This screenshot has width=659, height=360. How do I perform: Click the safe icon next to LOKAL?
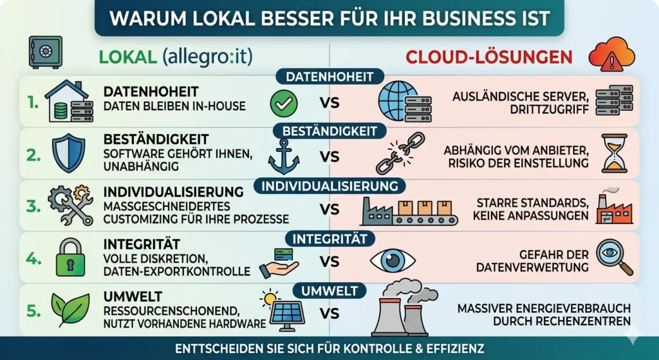[45, 52]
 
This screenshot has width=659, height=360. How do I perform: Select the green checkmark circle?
[283, 102]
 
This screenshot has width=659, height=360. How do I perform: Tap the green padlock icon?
[70, 257]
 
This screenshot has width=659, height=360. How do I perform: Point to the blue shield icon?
[69, 153]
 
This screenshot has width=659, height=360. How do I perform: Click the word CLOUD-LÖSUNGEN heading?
[488, 57]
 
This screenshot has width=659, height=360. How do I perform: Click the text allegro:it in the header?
[208, 57]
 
